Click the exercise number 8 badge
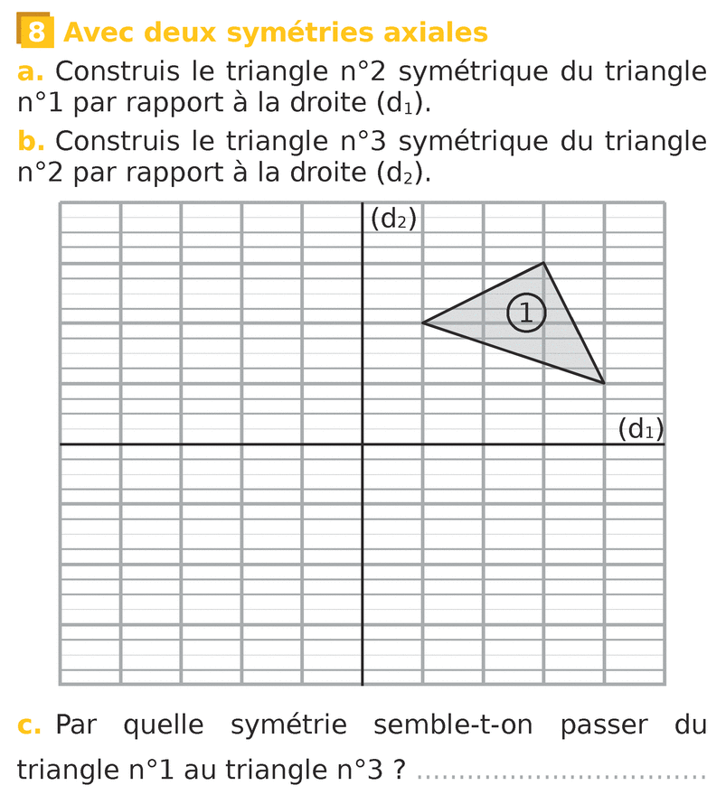[x=34, y=33]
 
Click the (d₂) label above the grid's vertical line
[x=393, y=219]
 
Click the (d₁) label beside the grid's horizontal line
[x=640, y=428]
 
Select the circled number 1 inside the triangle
[x=526, y=313]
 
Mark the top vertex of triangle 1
[x=543, y=263]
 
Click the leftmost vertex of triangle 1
[x=423, y=323]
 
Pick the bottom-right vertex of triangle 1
[x=604, y=383]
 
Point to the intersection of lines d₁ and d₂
[x=363, y=444]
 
